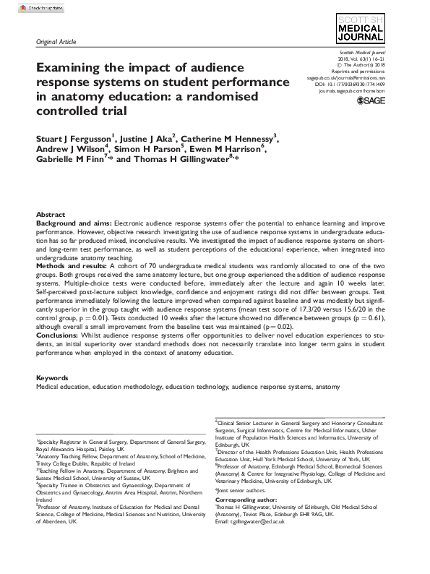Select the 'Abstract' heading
pyautogui.click(x=50, y=215)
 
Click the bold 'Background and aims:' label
pyautogui.click(x=72, y=224)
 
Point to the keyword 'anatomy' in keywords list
pyautogui.click(x=327, y=387)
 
